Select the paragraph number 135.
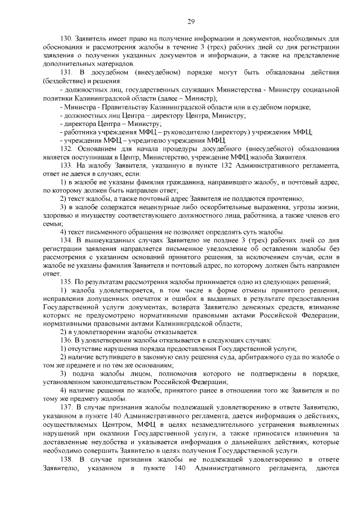66,280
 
